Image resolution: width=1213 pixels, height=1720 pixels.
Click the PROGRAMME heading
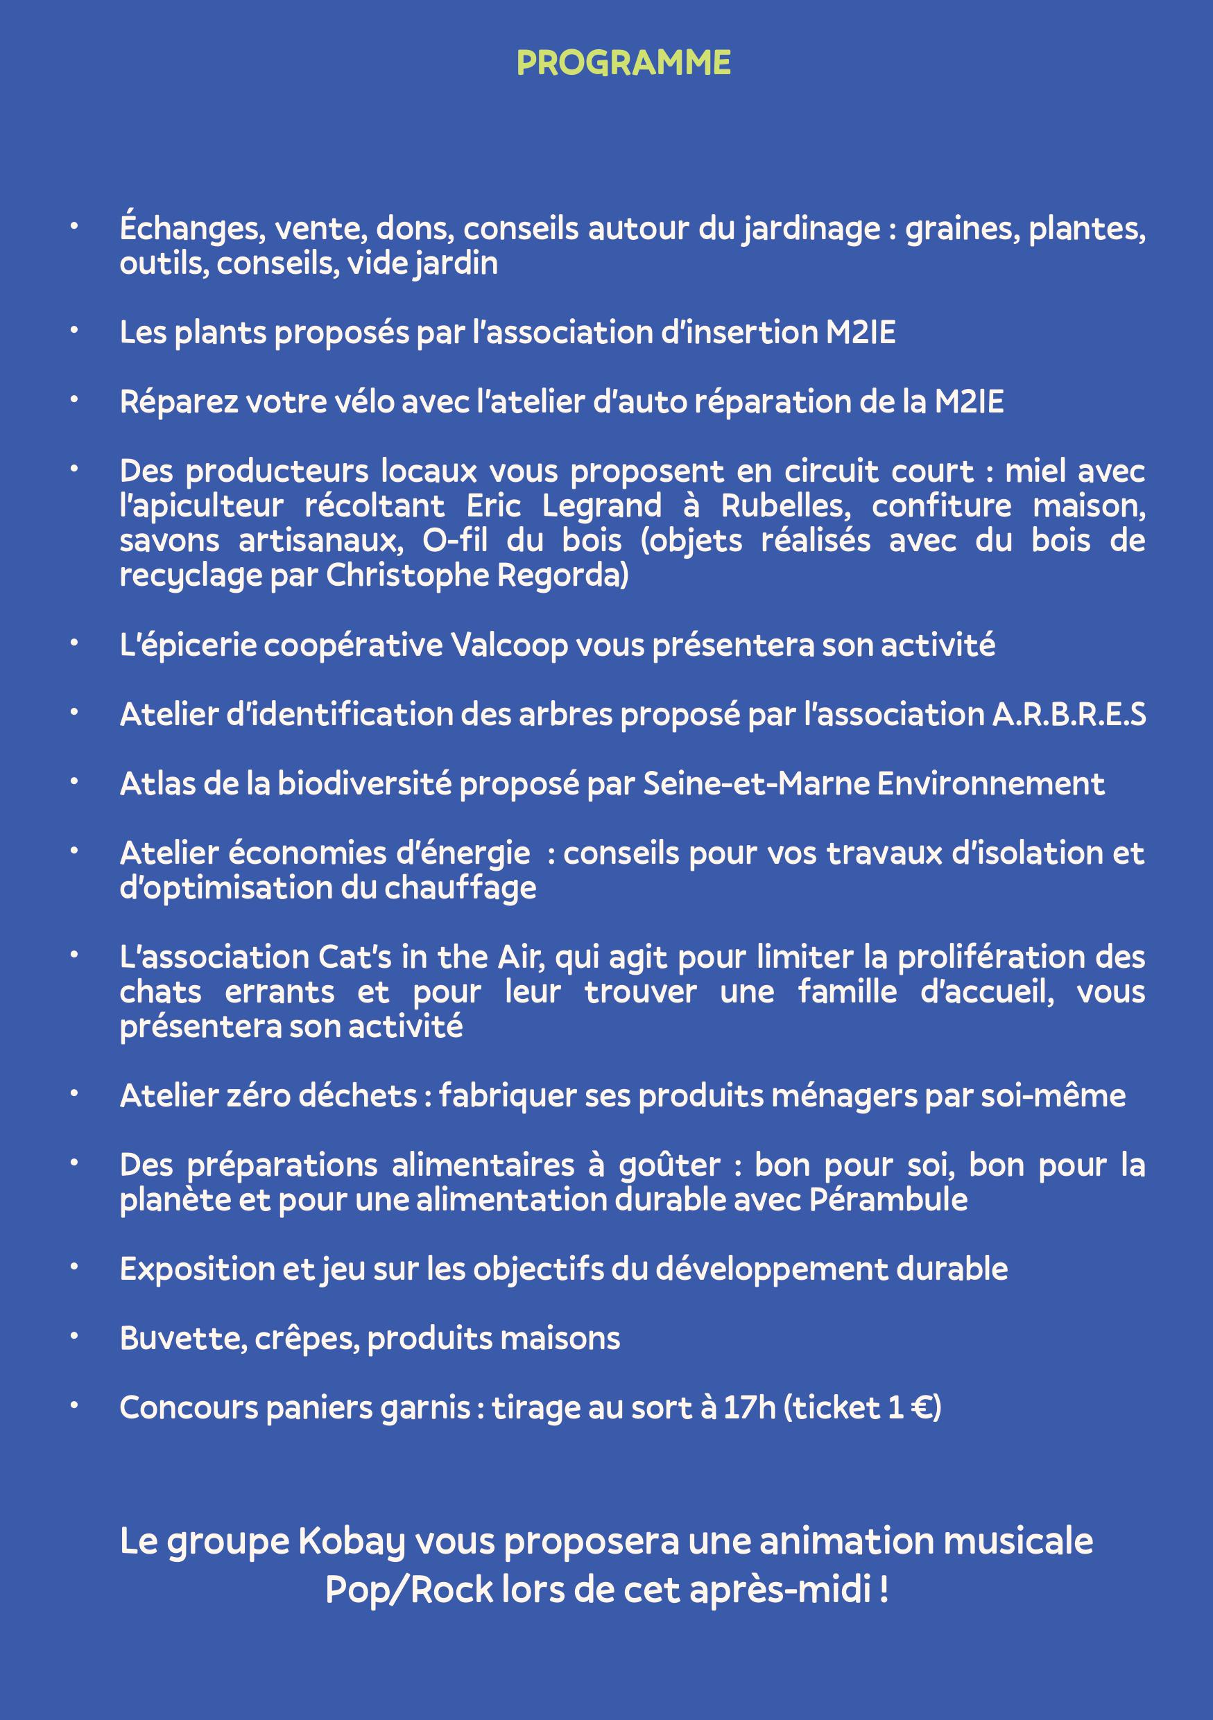(x=623, y=64)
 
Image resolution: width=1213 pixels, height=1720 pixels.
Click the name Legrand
(x=601, y=506)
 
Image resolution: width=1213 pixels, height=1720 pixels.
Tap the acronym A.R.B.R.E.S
(x=1069, y=715)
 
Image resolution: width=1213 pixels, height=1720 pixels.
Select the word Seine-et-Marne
(x=756, y=784)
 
